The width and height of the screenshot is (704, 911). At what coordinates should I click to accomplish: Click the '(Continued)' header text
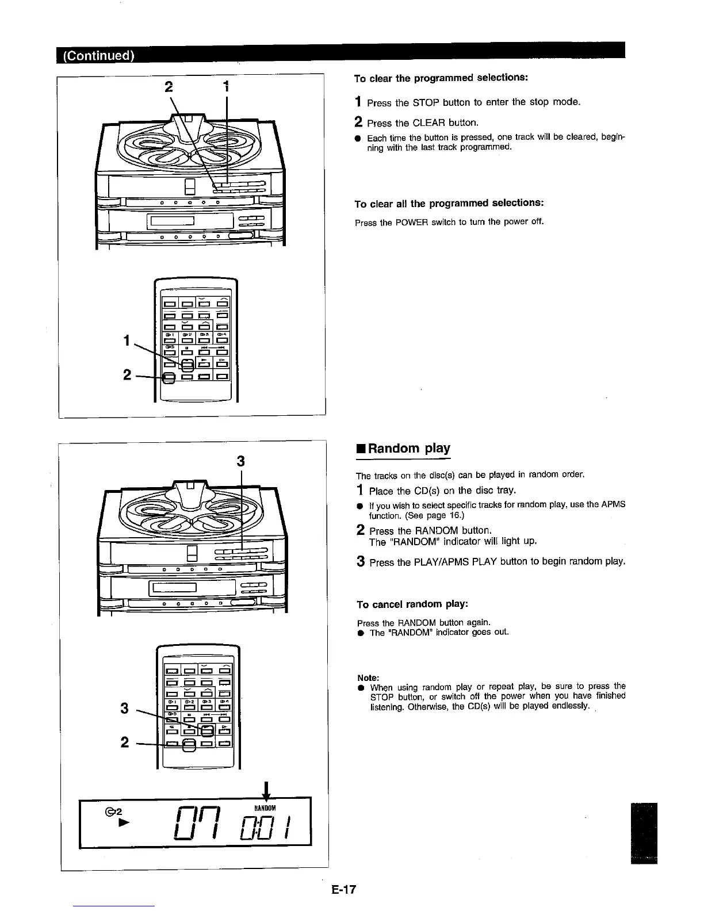(95, 56)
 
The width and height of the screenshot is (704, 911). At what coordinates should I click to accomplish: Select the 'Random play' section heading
(409, 449)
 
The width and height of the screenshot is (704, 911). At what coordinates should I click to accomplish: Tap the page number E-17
(344, 890)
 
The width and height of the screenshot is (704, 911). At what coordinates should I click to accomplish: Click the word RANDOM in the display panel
(265, 807)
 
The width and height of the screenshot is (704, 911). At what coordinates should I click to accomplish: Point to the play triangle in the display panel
(121, 822)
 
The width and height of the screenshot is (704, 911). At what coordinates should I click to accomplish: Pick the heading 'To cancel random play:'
(412, 604)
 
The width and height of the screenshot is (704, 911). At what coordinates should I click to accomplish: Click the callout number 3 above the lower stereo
(241, 461)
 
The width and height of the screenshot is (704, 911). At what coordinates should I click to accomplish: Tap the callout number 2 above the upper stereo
(169, 87)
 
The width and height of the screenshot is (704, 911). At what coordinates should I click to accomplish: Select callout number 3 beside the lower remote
(124, 708)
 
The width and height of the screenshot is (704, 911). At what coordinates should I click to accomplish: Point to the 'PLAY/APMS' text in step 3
(433, 561)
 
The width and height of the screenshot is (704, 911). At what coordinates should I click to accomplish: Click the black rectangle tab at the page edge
(644, 832)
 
